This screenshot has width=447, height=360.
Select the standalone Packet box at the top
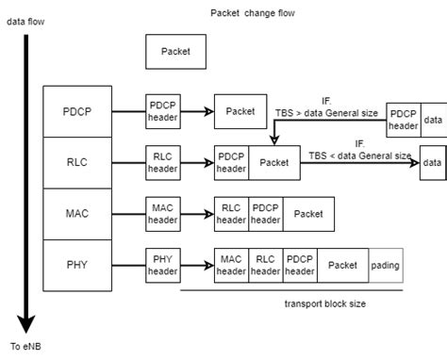175,52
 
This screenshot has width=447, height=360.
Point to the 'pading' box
385,266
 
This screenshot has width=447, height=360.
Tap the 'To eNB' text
25,347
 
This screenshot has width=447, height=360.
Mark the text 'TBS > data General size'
326,112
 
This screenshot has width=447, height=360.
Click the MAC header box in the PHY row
231,266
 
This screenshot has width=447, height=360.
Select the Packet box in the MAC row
308,214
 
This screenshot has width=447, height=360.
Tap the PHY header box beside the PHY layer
162,266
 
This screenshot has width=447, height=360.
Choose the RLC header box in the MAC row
231,214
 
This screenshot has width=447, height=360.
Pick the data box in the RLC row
433,162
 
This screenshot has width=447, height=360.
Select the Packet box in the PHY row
342,266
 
